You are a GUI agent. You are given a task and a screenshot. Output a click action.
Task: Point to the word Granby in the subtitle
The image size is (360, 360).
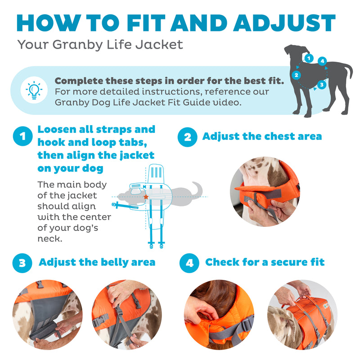click(x=68, y=45)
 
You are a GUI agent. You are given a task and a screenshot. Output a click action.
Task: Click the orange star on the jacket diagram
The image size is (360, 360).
click(x=146, y=197)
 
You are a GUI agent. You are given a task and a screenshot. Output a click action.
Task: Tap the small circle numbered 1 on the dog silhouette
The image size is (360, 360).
click(x=308, y=58)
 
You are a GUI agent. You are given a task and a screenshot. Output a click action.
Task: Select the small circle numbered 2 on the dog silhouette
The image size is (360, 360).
click(x=296, y=75)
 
